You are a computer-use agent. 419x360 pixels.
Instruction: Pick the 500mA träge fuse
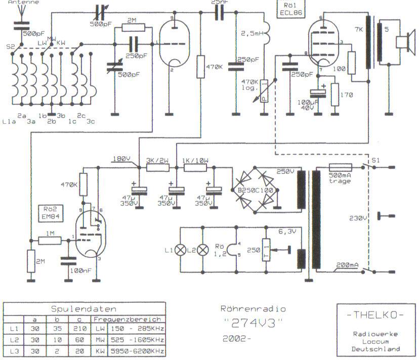pyautogui.click(x=341, y=167)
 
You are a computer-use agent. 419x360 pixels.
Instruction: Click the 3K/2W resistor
pyautogui.click(x=157, y=167)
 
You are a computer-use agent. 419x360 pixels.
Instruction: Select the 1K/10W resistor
pyautogui.click(x=195, y=167)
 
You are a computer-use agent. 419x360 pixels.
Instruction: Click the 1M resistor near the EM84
pyautogui.click(x=50, y=242)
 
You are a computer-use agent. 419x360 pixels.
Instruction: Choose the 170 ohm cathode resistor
pyautogui.click(x=334, y=95)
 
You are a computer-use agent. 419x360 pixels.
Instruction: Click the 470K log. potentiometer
pyautogui.click(x=264, y=91)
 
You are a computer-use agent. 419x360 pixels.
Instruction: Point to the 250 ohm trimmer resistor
pyautogui.click(x=266, y=250)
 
